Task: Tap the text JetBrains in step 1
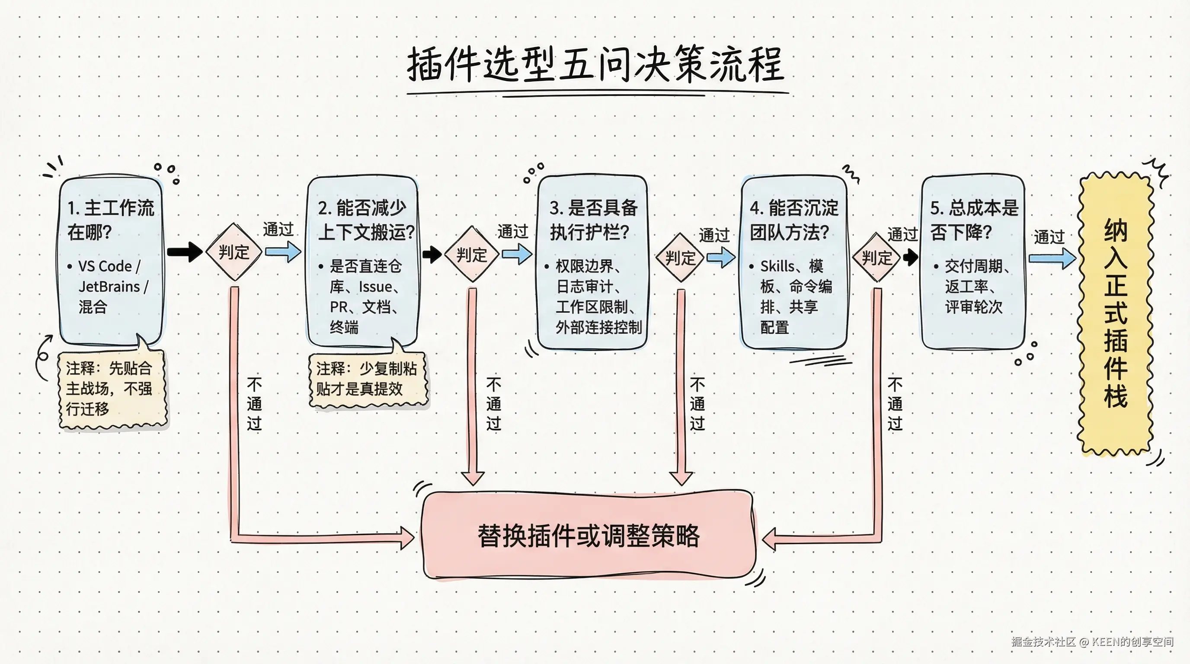click(x=109, y=287)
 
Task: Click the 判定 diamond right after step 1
click(x=234, y=252)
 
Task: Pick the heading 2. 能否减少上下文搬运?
click(x=365, y=220)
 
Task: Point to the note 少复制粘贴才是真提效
click(x=367, y=379)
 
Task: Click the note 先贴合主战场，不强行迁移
click(x=110, y=388)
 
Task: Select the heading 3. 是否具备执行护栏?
click(x=593, y=220)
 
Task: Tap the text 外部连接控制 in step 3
click(x=599, y=327)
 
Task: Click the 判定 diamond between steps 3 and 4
click(x=680, y=258)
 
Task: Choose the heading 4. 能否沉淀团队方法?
click(x=793, y=220)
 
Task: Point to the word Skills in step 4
click(x=777, y=266)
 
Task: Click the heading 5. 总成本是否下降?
click(x=973, y=220)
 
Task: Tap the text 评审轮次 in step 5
click(x=973, y=307)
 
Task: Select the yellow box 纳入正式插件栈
click(x=1115, y=314)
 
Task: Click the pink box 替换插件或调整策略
click(x=589, y=536)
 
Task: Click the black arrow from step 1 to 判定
click(x=184, y=252)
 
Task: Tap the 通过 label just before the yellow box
click(x=1049, y=237)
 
